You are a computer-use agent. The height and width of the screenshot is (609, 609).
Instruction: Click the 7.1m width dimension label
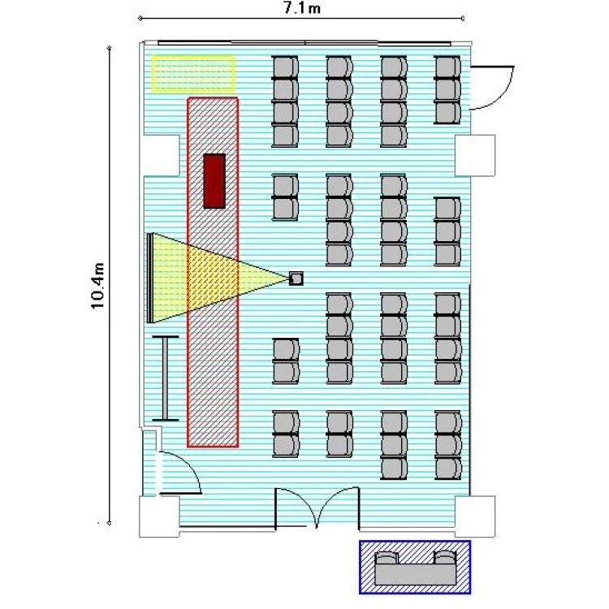[x=302, y=8]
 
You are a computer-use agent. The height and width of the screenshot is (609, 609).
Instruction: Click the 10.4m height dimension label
[x=97, y=286]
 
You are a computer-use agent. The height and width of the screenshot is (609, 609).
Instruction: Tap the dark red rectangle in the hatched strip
[x=214, y=181]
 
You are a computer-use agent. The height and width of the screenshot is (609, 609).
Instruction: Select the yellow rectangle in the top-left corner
[x=193, y=74]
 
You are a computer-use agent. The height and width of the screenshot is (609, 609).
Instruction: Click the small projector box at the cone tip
[x=296, y=279]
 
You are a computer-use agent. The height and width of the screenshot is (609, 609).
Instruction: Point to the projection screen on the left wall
[x=149, y=278]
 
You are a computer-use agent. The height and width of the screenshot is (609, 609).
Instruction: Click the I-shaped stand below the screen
[x=166, y=378]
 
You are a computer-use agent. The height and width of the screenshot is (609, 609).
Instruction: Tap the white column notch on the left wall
[x=162, y=155]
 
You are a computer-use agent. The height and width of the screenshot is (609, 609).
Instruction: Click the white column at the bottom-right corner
[x=475, y=516]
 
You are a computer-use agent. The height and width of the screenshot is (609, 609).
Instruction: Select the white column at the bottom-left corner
[x=159, y=517]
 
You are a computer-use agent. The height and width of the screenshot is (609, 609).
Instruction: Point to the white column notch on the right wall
[x=475, y=155]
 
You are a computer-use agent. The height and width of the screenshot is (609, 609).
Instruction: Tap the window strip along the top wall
[x=304, y=43]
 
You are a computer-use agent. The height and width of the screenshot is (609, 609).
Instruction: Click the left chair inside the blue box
[x=387, y=558]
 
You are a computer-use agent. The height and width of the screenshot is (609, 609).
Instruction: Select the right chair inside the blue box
[x=445, y=557]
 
